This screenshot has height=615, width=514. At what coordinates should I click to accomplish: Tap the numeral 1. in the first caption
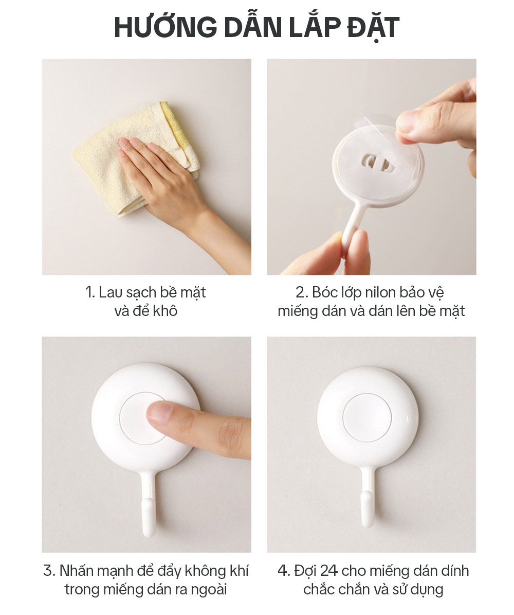coord(90,293)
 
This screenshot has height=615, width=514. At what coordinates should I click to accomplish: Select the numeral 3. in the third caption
coord(49,571)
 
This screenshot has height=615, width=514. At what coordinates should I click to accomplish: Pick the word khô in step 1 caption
coord(165,311)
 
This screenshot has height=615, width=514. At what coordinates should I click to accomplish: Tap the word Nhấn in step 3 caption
coord(77,571)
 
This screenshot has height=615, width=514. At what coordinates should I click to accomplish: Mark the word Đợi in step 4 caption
coord(306,571)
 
